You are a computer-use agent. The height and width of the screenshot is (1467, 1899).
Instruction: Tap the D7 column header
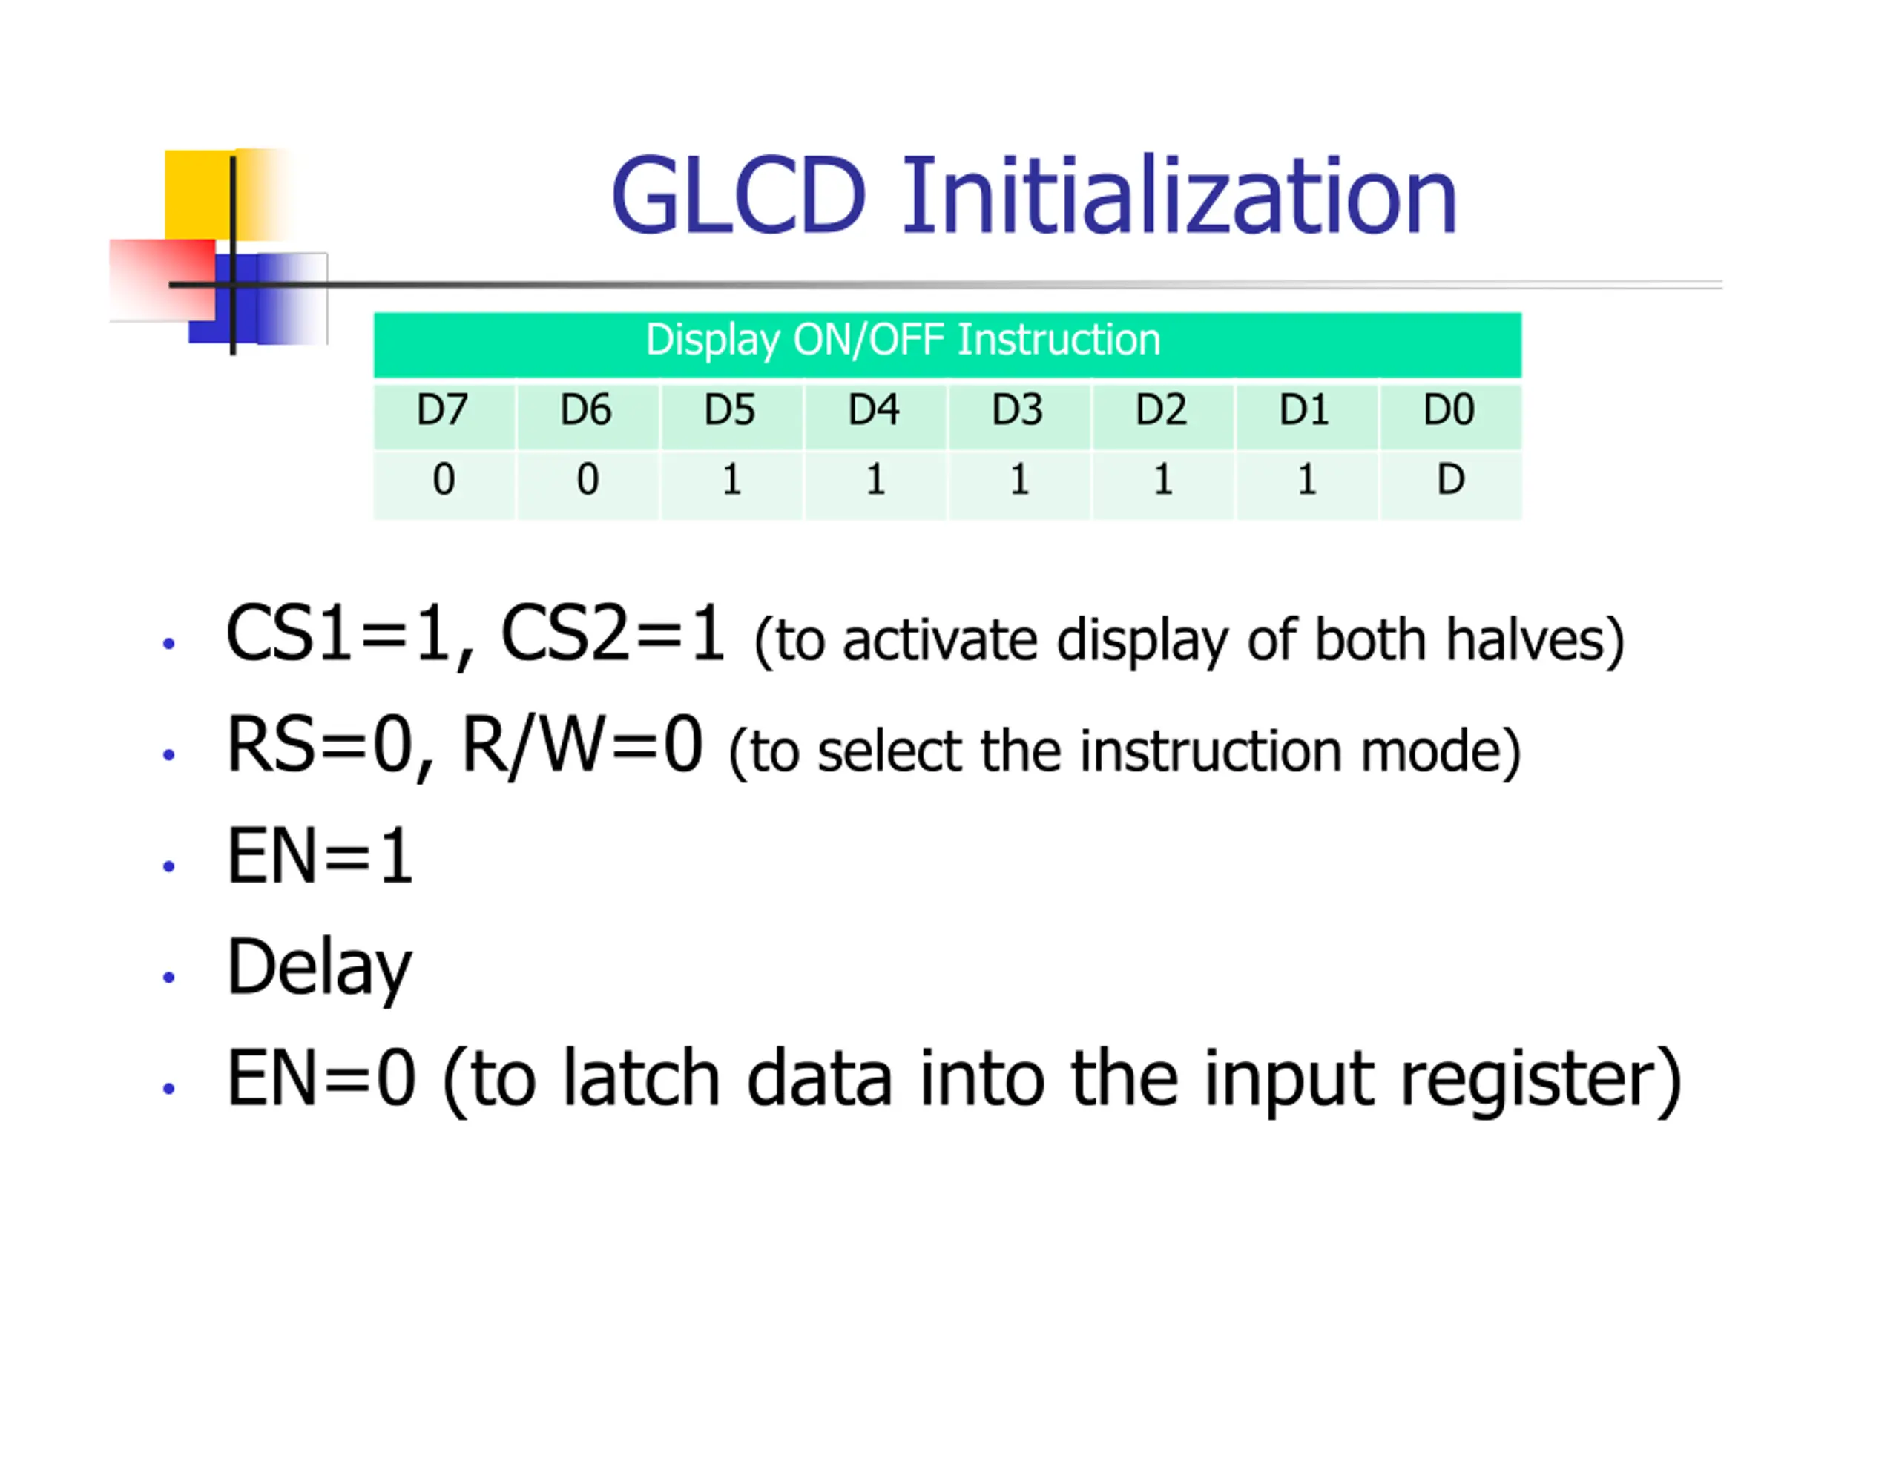click(443, 409)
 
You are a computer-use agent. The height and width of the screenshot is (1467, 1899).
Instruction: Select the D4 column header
click(874, 409)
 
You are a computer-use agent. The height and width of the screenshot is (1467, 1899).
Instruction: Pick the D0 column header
click(1449, 409)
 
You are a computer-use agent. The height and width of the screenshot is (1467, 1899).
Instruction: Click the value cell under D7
click(444, 479)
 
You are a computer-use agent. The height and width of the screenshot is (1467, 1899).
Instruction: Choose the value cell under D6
click(588, 479)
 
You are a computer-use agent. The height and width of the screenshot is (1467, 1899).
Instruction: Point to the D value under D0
click(1450, 479)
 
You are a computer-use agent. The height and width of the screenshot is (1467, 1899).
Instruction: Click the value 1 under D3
click(1019, 479)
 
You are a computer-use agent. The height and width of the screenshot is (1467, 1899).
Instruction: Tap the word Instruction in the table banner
click(1059, 339)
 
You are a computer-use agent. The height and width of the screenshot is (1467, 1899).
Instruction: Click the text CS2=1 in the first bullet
click(612, 635)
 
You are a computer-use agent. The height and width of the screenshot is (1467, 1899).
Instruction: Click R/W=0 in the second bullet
click(582, 745)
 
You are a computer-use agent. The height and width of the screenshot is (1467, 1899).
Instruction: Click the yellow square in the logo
click(198, 193)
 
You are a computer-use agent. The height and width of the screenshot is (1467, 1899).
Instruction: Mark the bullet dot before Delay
click(168, 977)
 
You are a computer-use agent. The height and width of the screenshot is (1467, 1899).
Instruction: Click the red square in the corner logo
click(162, 278)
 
